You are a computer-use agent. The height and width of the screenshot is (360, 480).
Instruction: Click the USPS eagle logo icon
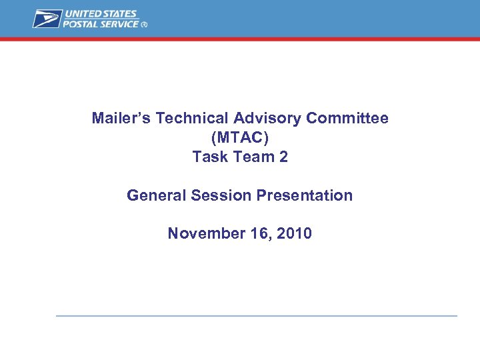[47, 19]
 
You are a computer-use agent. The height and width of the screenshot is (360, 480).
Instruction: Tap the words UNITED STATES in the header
[101, 14]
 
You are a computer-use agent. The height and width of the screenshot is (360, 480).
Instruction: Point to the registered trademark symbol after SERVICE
[145, 25]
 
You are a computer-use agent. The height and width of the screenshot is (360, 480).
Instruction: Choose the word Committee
[347, 119]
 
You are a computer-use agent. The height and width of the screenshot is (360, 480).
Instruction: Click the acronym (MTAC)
[240, 138]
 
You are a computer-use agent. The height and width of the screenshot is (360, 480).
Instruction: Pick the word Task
[207, 157]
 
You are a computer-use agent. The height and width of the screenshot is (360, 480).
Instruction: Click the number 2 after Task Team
[283, 157]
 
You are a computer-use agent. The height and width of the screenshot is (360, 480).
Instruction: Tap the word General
[157, 195]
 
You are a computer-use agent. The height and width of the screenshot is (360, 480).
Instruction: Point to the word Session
[218, 195]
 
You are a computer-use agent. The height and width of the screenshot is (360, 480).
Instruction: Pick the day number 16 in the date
[257, 234]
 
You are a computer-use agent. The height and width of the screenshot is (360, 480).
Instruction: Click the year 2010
[294, 234]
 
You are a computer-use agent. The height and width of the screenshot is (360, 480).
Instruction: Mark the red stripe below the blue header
[240, 39]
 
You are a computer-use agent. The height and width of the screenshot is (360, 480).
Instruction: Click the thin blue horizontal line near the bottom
[257, 315]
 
